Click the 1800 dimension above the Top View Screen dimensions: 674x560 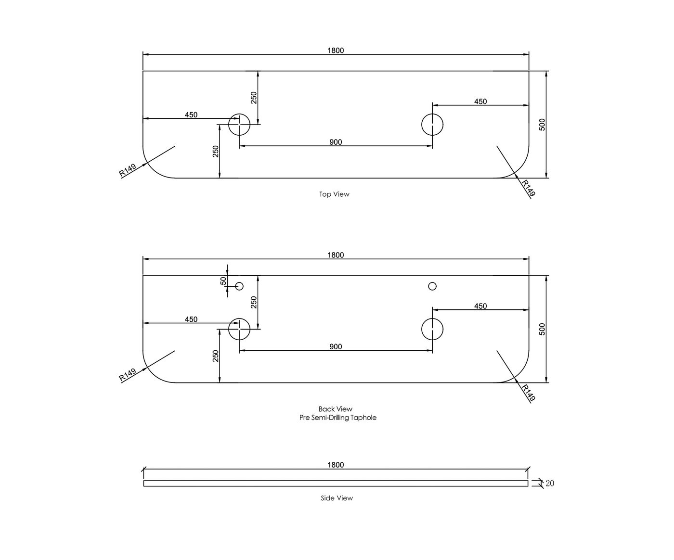coord(336,51)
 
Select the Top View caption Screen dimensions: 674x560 coord(335,194)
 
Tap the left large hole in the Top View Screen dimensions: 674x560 coord(239,125)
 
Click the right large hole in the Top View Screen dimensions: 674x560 coord(432,125)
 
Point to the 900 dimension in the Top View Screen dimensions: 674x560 coord(336,142)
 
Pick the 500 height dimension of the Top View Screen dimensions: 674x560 coord(542,125)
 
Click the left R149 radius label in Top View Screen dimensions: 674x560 coord(128,170)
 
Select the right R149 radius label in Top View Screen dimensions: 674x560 coord(529,188)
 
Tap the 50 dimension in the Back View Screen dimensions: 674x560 coord(223,281)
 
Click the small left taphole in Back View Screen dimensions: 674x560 coord(239,286)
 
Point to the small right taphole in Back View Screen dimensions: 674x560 coord(432,286)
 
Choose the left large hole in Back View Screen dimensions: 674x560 coord(239,329)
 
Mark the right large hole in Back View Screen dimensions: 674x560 coord(432,329)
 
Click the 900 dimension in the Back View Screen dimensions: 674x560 coord(336,346)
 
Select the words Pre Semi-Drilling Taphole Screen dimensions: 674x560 coord(338,418)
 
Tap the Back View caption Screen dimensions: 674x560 coord(336,409)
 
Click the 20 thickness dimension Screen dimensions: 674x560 coord(550,483)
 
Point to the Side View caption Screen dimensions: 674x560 coord(337,498)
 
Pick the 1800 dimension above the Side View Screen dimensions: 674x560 coord(336,465)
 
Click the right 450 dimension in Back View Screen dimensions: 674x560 coord(480,306)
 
